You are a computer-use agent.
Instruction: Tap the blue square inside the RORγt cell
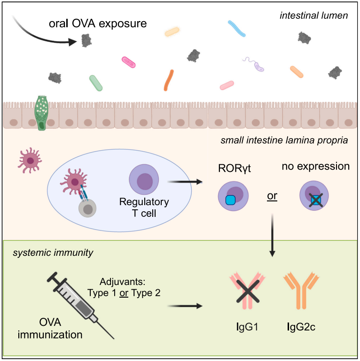pos(230,200)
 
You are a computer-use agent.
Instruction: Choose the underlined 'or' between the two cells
pos(272,195)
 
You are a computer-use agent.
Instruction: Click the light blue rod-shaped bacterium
pos(237,28)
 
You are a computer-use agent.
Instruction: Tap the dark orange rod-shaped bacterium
pos(169,80)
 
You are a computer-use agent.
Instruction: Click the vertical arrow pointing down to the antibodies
pos(273,235)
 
